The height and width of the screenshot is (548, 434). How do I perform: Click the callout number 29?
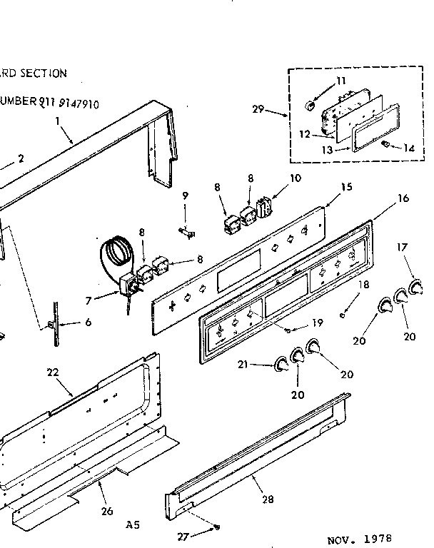[258, 109]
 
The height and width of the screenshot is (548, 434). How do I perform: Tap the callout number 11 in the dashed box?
[340, 81]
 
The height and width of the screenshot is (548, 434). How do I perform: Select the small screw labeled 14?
[385, 145]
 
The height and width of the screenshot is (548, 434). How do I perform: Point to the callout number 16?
[403, 198]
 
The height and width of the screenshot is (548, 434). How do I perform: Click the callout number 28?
[268, 499]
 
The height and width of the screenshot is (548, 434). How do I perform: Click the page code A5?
[133, 525]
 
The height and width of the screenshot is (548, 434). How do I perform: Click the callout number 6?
[87, 323]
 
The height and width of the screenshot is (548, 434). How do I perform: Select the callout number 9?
[185, 195]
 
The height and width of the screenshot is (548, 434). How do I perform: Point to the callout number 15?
[345, 188]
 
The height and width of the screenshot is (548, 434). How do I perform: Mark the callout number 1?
[58, 121]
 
